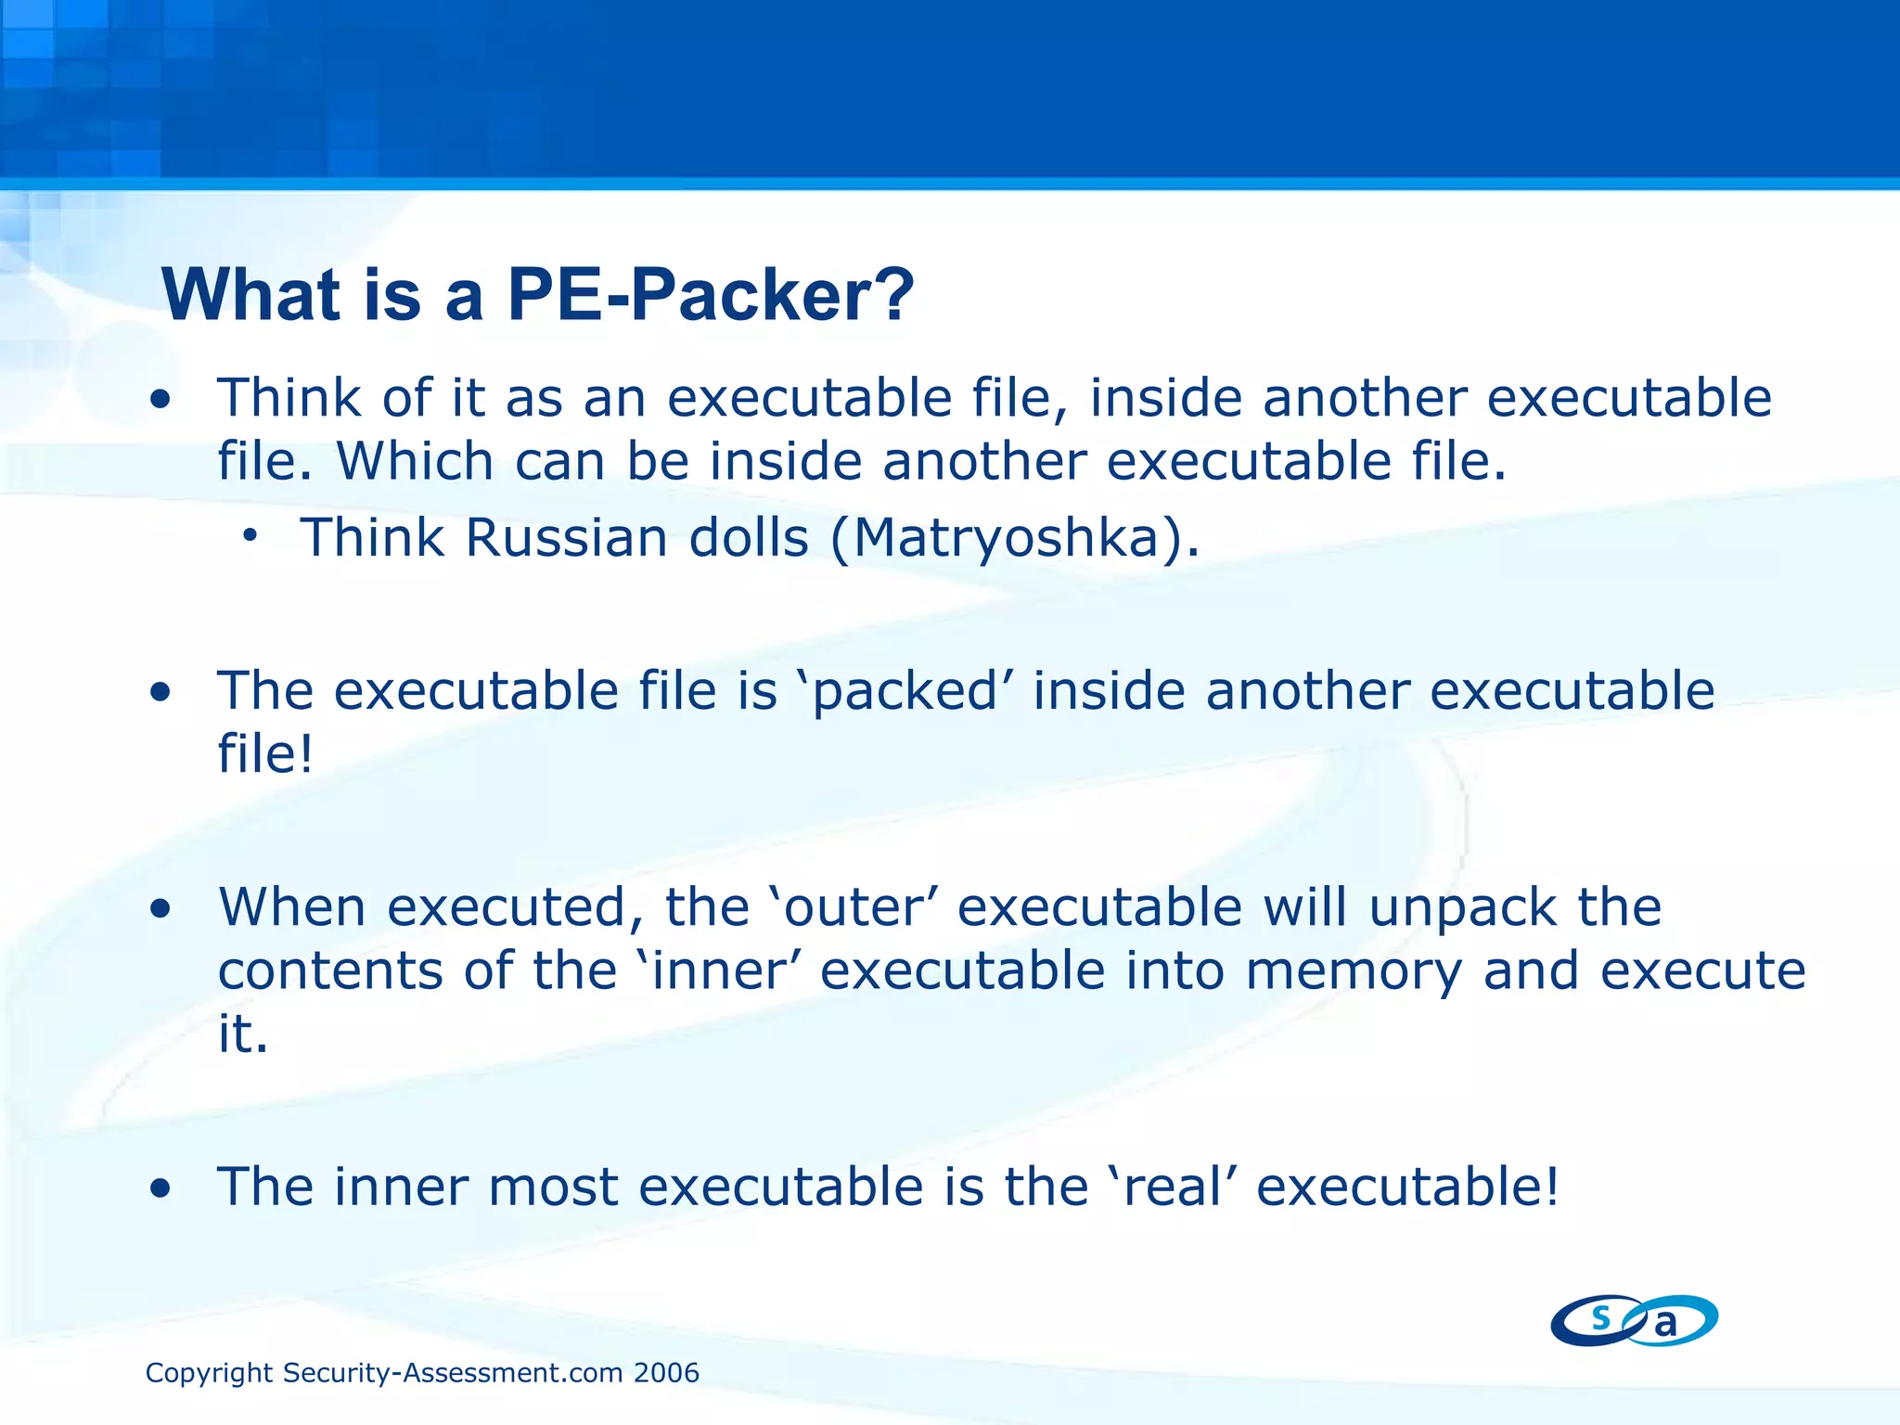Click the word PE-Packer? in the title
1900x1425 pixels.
[x=711, y=295]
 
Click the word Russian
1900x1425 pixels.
[x=566, y=537]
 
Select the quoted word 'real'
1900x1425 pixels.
[x=1171, y=1187]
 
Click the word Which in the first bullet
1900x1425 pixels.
[x=415, y=461]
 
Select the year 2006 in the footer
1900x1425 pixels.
[x=666, y=1373]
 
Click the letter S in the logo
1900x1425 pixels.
[x=1600, y=1316]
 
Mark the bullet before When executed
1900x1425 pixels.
[x=161, y=909]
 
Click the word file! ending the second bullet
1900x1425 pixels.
[x=265, y=753]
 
